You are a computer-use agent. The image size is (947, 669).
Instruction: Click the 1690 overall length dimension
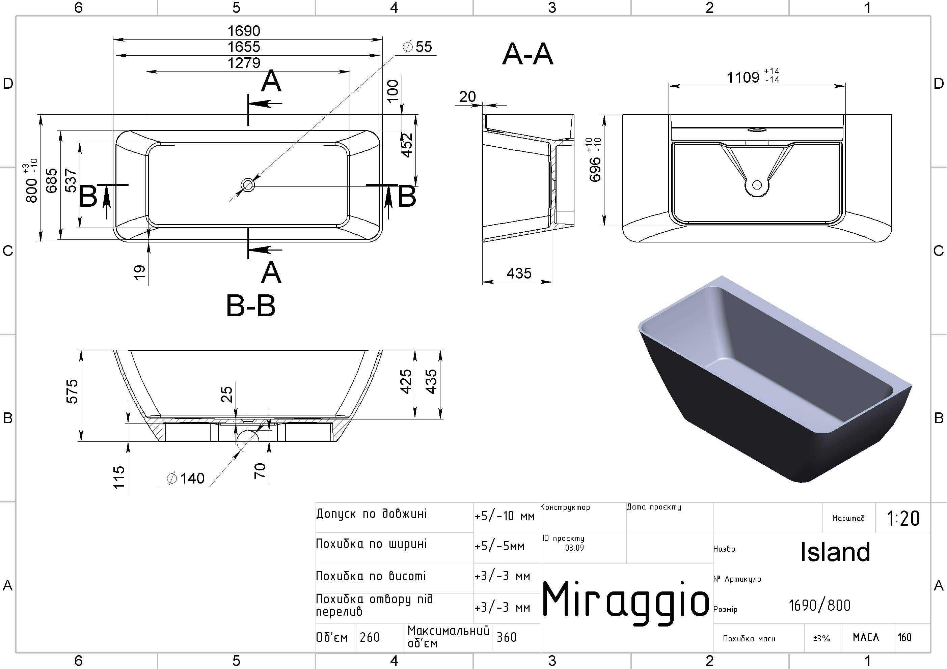click(x=244, y=31)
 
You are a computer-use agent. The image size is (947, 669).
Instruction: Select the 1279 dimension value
click(x=244, y=63)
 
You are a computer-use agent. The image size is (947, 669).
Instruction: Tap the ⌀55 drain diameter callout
click(x=417, y=47)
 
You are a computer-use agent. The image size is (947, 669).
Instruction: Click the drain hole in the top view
click(x=248, y=185)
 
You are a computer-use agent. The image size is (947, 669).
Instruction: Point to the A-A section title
click(x=527, y=54)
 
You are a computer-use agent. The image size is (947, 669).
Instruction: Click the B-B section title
click(x=251, y=306)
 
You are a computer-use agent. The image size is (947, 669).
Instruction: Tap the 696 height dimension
click(x=595, y=169)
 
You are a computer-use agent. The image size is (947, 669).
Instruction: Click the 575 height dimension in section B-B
click(x=72, y=391)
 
